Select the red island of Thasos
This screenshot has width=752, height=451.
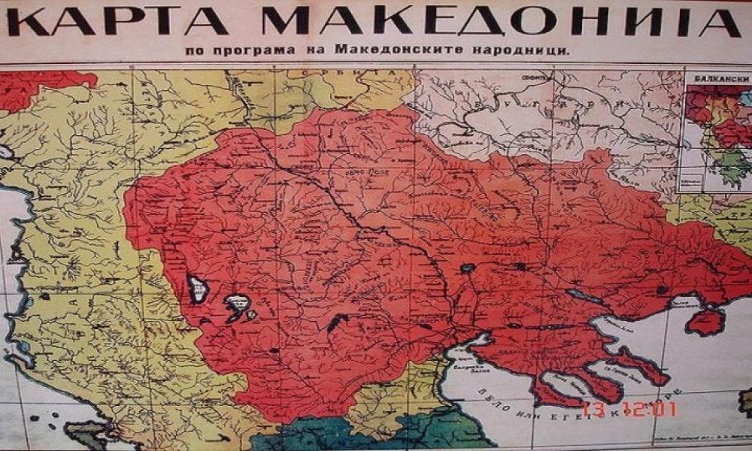[705, 322]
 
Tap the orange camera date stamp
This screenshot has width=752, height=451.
[634, 410]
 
